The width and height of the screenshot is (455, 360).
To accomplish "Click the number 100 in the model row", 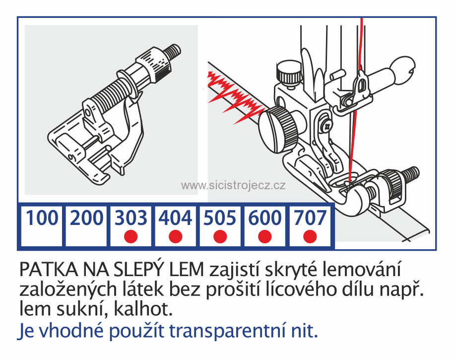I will tap(42, 218).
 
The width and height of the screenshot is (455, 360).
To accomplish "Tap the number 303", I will tap(131, 218).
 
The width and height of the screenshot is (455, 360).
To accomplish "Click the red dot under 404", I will tap(176, 237).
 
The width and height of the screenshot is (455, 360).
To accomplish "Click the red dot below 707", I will tap(310, 237).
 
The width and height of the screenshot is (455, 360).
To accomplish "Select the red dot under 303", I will tap(131, 237).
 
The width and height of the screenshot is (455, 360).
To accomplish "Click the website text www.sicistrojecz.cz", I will tap(233, 185).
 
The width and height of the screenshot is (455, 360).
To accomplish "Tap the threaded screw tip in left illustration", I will tap(174, 51).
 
